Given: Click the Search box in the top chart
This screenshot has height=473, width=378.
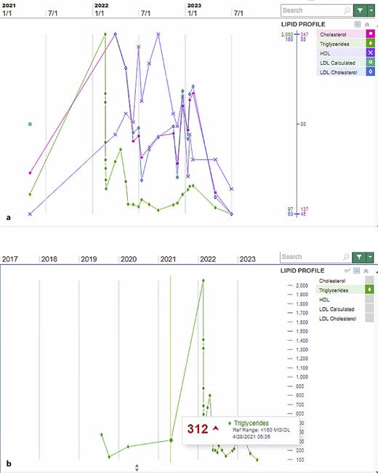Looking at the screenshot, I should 305,10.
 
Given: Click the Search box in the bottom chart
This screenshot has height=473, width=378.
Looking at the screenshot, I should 305,257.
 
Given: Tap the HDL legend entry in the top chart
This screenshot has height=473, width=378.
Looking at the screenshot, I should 334,53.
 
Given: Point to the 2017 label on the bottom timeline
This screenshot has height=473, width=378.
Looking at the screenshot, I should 10,259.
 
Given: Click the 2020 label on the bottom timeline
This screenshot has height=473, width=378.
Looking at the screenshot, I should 129,259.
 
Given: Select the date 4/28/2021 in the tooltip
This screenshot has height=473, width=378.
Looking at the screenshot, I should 247,437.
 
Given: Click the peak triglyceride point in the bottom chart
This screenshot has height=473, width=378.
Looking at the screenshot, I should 203,281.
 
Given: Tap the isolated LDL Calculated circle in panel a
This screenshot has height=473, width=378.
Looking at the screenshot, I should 30,124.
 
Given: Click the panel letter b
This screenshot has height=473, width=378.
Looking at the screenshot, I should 8,464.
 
